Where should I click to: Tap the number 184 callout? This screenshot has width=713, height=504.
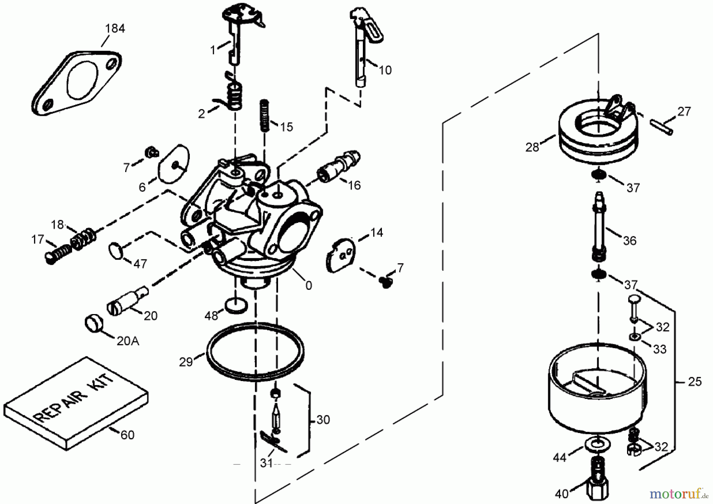[115, 29]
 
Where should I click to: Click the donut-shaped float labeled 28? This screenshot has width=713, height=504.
[598, 135]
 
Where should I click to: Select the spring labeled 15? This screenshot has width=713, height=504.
[265, 115]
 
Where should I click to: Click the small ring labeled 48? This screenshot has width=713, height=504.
[236, 307]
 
